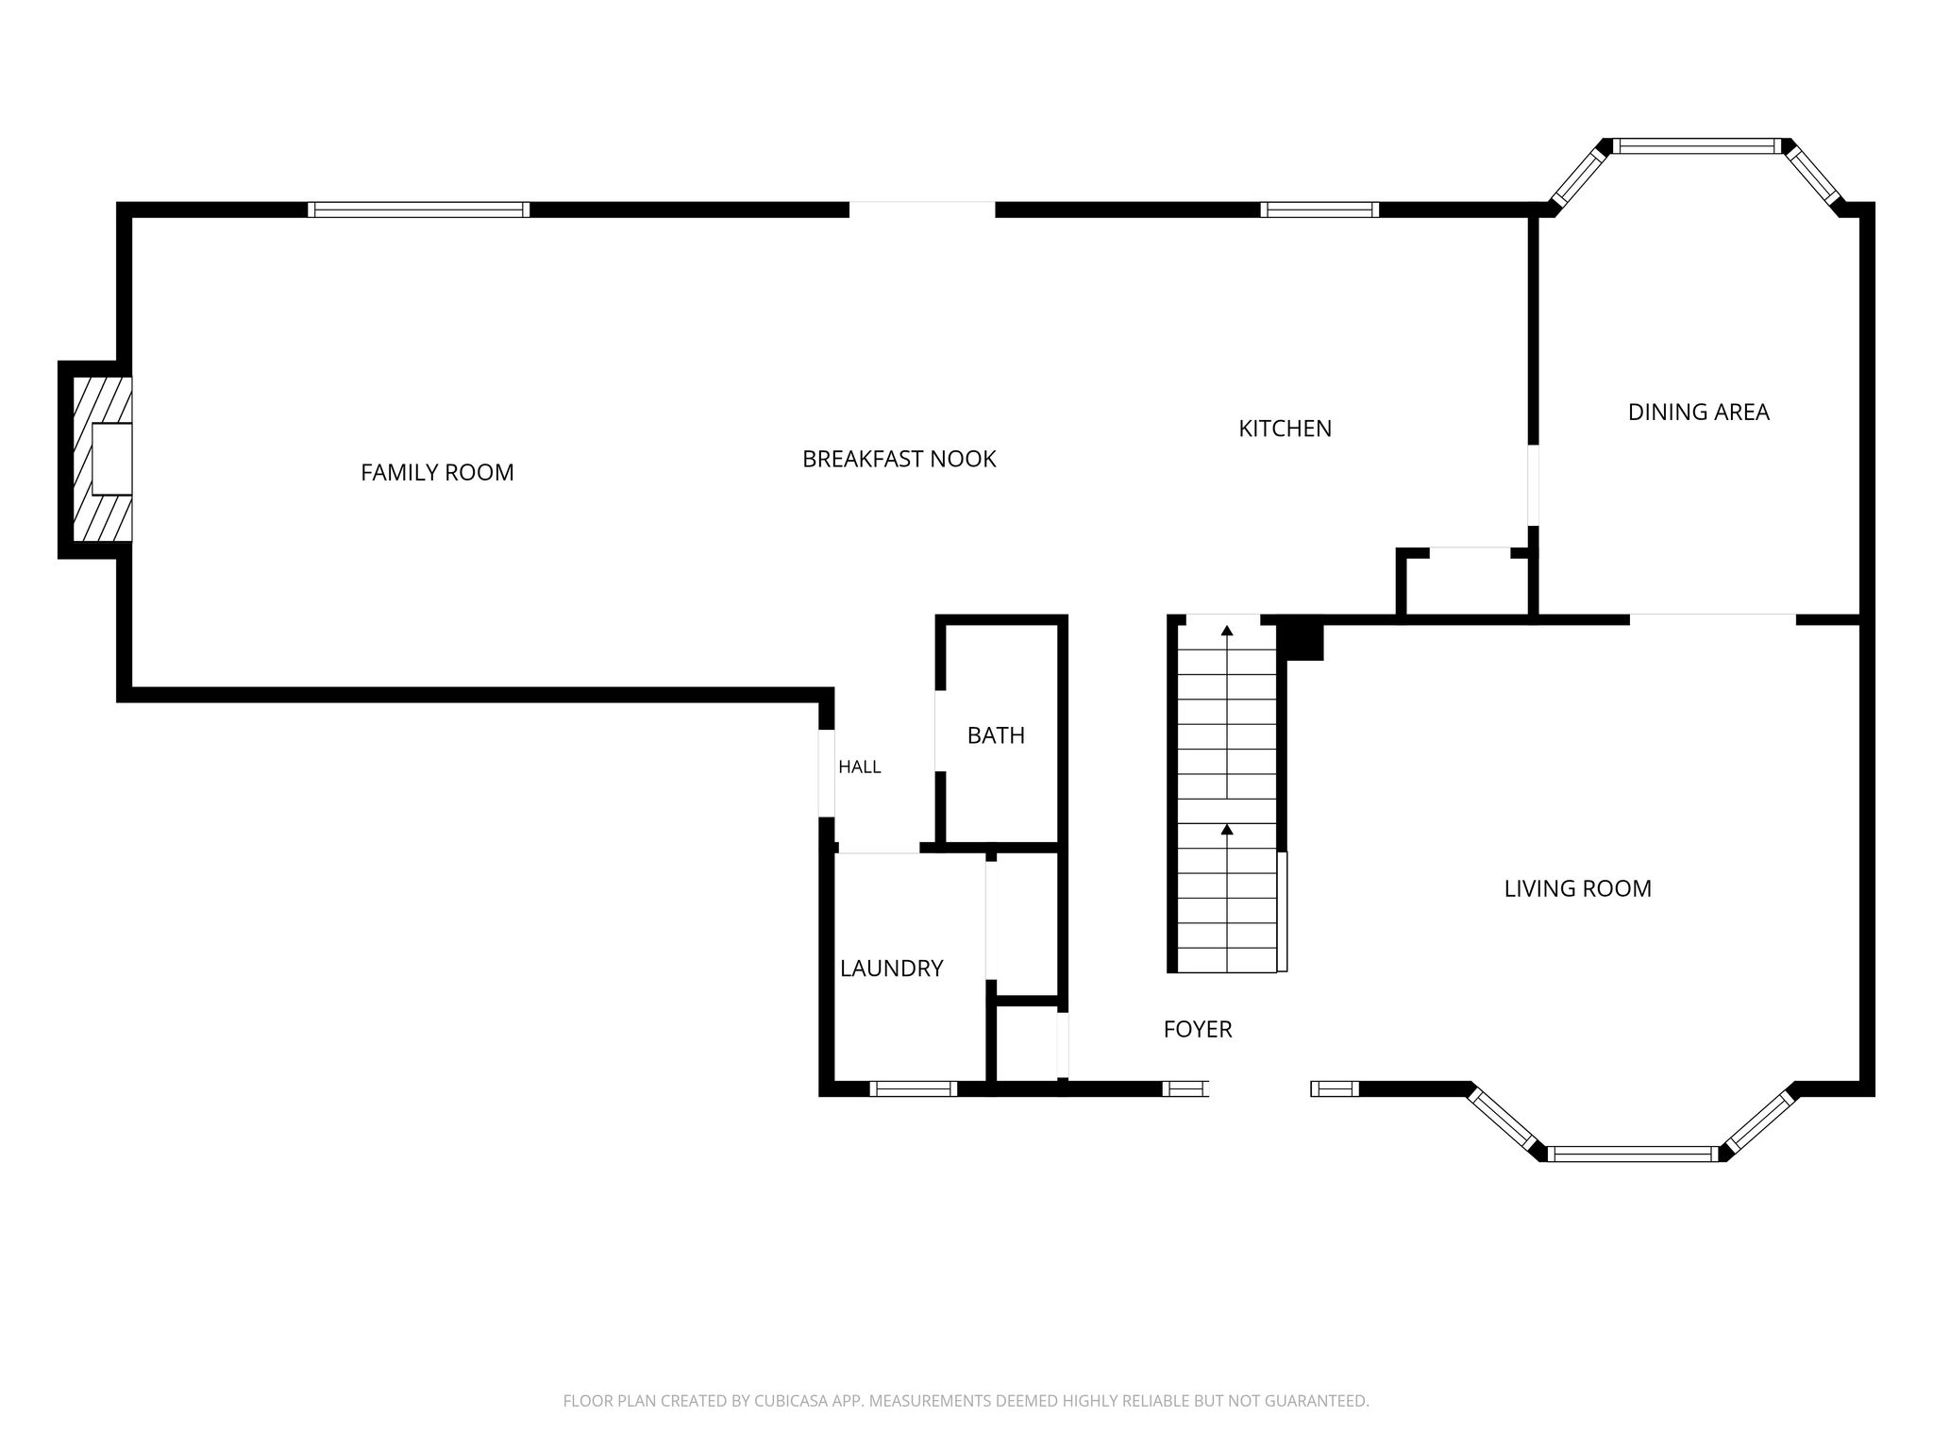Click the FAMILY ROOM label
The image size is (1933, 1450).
click(437, 472)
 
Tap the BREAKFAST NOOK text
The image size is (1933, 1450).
click(899, 459)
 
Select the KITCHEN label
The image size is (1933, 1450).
click(1285, 429)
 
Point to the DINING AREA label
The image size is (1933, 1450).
click(1698, 412)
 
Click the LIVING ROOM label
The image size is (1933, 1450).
click(1577, 888)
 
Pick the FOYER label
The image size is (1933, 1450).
click(1198, 1029)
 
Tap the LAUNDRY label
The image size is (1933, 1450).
click(891, 968)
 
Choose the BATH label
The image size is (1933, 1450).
click(996, 735)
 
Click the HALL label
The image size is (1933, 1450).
click(860, 767)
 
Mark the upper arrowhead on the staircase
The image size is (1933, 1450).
click(1227, 630)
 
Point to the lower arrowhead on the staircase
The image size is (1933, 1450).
click(1227, 829)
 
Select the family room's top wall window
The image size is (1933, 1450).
click(418, 210)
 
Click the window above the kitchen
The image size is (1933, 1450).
click(1319, 210)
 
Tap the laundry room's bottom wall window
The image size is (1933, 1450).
click(913, 1088)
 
